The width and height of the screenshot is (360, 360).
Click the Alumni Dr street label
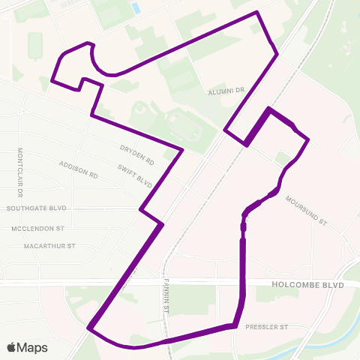click(228, 90)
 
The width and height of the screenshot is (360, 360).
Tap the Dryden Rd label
click(136, 154)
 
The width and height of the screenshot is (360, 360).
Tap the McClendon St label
click(38, 227)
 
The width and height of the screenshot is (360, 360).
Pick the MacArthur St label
click(49, 245)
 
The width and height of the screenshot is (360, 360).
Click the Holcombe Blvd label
click(308, 285)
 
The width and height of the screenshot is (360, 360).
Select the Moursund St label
click(307, 210)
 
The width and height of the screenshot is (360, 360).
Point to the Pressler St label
click(266, 328)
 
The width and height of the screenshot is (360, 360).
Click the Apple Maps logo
click(27, 347)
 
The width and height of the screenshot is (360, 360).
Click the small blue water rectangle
click(136, 8)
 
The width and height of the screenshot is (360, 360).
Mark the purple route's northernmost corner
click(257, 12)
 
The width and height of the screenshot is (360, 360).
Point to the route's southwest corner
click(89, 328)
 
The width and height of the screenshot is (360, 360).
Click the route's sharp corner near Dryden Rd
click(182, 149)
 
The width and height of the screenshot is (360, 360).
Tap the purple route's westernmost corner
click(52, 79)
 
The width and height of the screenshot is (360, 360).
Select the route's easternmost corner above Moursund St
click(307, 139)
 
